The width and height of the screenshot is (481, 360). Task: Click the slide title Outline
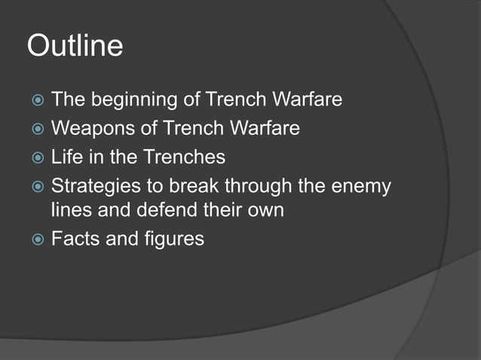click(75, 46)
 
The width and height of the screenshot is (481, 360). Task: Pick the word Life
click(66, 157)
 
